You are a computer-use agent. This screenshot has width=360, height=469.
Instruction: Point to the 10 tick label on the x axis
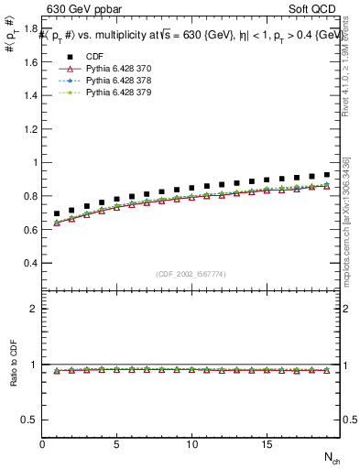(x=191, y=443)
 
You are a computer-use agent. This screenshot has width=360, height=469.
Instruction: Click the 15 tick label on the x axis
(x=266, y=443)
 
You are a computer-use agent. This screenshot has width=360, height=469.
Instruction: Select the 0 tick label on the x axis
(x=42, y=443)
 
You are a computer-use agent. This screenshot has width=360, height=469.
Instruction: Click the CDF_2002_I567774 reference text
(x=191, y=274)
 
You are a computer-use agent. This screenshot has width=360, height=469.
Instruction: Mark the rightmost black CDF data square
(x=326, y=174)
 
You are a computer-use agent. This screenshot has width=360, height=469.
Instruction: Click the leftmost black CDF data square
(x=57, y=213)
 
